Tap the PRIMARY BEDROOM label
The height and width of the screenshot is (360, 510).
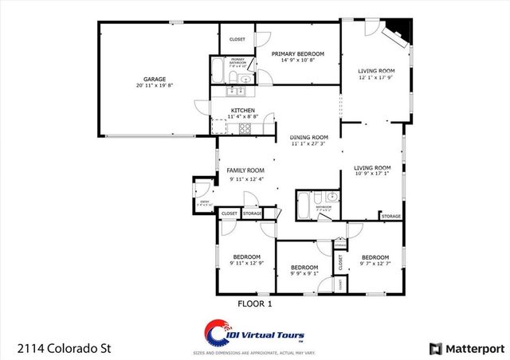pyautogui.click(x=298, y=54)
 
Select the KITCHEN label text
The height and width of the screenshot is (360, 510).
pyautogui.click(x=242, y=111)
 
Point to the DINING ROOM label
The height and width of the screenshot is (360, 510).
pyautogui.click(x=308, y=137)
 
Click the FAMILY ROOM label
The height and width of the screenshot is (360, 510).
pyautogui.click(x=245, y=170)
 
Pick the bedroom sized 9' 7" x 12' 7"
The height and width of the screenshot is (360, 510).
pyautogui.click(x=375, y=258)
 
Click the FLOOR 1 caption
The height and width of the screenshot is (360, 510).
pyautogui.click(x=255, y=303)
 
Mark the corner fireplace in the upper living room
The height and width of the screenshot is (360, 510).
pyautogui.click(x=397, y=36)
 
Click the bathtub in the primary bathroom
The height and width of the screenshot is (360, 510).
pyautogui.click(x=218, y=72)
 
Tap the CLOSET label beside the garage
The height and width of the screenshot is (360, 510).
pyautogui.click(x=237, y=39)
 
